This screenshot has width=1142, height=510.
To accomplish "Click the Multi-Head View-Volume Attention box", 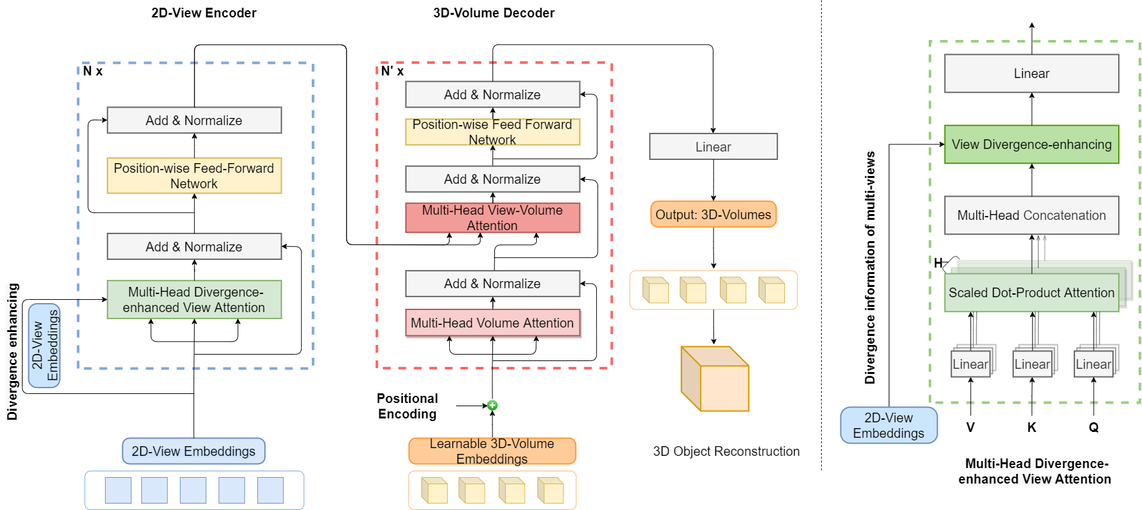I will click(492, 218).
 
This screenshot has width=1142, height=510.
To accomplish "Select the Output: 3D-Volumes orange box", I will click(713, 215).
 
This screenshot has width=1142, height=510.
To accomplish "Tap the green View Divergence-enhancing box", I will click(1031, 144).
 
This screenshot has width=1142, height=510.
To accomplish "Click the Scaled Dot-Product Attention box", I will click(1031, 293).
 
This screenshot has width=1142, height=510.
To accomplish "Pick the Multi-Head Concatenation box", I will click(1031, 215).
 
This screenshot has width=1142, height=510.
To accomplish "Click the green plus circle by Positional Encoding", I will click(492, 406).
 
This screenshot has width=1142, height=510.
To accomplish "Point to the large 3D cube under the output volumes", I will click(715, 379).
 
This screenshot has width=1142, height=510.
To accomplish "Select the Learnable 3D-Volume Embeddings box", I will click(492, 451).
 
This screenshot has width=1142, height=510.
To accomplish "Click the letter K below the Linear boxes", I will click(1031, 427).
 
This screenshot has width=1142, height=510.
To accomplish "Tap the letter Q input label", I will click(1093, 427).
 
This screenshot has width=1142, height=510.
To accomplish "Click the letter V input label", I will click(970, 427).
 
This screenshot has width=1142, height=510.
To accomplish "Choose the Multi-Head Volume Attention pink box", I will click(492, 323).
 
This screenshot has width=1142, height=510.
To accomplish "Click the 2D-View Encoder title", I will click(204, 13).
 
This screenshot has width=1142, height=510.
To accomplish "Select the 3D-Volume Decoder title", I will click(494, 13).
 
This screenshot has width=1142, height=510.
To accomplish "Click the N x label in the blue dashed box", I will click(93, 72).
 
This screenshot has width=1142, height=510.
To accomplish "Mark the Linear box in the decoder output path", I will click(713, 147).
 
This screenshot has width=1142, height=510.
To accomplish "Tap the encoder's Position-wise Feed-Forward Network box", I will click(194, 175).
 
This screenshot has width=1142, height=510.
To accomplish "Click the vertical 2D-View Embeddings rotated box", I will click(44, 346).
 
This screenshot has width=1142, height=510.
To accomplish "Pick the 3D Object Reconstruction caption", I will click(726, 451).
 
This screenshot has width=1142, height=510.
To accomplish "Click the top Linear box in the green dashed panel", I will click(1031, 74).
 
